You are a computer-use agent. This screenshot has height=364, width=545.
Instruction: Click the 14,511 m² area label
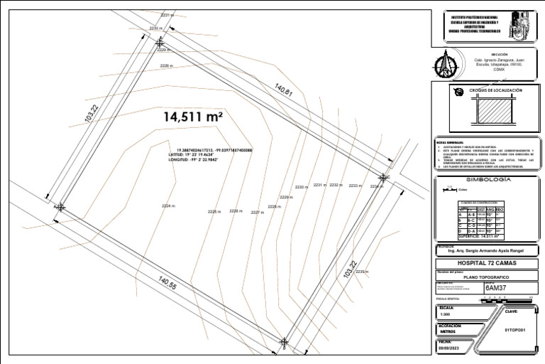[x=193, y=117]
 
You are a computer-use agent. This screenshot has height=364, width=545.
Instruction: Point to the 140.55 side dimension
[x=168, y=285]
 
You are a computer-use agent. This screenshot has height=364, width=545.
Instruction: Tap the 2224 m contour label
[x=167, y=206]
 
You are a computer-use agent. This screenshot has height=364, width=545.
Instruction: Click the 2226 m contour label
[x=236, y=211]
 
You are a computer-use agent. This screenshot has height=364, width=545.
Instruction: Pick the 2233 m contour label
[x=354, y=186]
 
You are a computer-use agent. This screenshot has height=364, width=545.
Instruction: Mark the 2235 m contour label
[x=362, y=272]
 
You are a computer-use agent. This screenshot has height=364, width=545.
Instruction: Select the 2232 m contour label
[x=336, y=185]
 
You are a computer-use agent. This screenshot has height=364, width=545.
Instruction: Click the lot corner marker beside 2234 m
[x=383, y=177]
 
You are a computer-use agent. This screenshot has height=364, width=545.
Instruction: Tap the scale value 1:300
[x=445, y=314]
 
